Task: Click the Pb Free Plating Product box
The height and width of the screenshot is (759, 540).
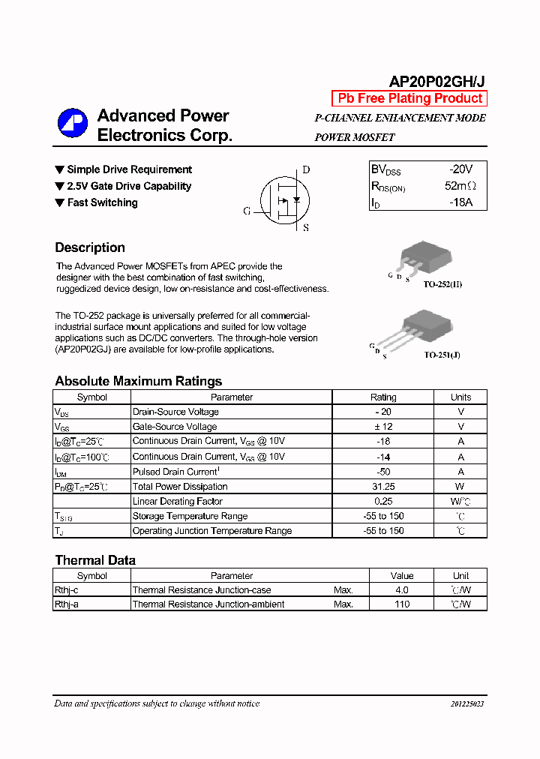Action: coord(409,98)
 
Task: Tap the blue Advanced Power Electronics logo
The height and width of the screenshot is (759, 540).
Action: coord(73,124)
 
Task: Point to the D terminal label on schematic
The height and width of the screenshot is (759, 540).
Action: coord(306,170)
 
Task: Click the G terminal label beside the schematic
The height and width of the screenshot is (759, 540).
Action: coord(246,211)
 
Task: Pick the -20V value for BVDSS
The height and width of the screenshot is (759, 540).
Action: coord(460,169)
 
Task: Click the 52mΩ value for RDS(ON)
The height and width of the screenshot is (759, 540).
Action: coord(460,186)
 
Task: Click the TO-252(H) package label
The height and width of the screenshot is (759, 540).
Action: coord(442,285)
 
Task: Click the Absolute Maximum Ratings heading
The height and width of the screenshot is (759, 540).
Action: coord(138,381)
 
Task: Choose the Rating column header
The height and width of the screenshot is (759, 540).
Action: coord(383,397)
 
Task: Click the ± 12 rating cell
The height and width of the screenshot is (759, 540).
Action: coord(383,427)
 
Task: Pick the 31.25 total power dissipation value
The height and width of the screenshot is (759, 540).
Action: coord(383,487)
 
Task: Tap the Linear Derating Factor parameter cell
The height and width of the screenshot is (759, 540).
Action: coord(177,501)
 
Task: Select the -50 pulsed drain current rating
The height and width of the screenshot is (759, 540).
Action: coord(383,472)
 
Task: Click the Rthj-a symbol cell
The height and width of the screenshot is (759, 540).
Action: coord(67,604)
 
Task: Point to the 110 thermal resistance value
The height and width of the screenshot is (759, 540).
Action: coord(402,604)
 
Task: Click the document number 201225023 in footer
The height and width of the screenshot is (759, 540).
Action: coord(467,704)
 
